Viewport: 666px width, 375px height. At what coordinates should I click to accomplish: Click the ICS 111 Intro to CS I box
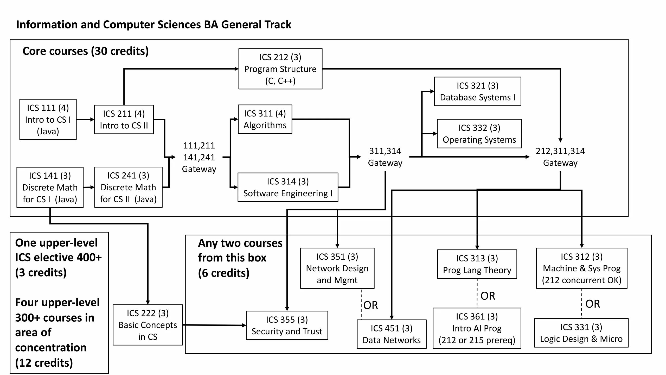click(x=48, y=120)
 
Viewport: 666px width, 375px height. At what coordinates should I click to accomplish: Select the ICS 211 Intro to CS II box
click(x=124, y=120)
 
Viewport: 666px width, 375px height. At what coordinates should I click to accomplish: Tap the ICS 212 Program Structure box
click(x=280, y=69)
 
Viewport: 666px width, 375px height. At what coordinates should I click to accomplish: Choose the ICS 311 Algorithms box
click(x=265, y=119)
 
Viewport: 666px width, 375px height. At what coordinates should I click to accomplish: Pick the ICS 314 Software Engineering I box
click(x=288, y=187)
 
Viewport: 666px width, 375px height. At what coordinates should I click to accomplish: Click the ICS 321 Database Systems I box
click(x=477, y=91)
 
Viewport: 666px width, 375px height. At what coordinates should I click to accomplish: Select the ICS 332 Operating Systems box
click(x=479, y=134)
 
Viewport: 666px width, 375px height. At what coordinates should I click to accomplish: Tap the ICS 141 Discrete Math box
click(x=50, y=187)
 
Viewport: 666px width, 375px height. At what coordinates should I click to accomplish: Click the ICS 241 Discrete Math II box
click(x=128, y=187)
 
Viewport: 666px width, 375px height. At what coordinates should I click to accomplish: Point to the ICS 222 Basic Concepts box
click(x=148, y=325)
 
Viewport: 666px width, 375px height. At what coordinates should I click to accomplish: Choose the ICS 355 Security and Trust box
click(x=287, y=325)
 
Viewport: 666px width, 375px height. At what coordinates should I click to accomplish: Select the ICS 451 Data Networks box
click(x=392, y=334)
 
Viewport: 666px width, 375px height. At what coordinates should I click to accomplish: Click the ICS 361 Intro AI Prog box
click(x=477, y=328)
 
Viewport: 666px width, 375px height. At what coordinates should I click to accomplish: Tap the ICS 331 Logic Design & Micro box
click(x=581, y=333)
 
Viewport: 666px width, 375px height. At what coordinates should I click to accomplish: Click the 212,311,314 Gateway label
click(x=560, y=157)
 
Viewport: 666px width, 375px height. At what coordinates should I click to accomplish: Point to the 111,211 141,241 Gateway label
click(x=199, y=157)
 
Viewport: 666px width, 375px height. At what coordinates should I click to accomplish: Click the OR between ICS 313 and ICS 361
click(x=488, y=296)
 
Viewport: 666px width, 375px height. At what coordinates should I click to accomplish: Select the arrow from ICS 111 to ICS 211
click(x=85, y=120)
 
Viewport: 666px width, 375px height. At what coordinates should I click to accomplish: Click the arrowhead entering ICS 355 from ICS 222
click(x=244, y=325)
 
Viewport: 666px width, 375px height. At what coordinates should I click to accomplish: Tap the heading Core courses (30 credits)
click(x=86, y=51)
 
